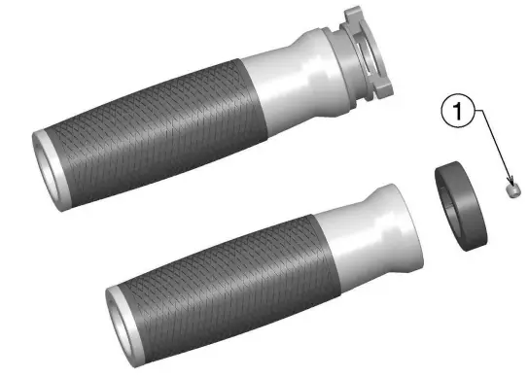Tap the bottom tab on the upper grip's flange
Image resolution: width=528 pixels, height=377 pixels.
(382, 90)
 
